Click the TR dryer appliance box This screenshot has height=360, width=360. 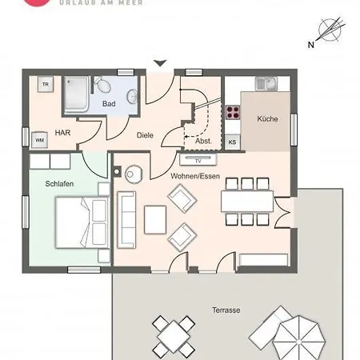[x=46, y=84]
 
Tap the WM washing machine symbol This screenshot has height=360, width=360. [x=39, y=140]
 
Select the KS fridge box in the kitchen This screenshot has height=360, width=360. [x=232, y=142]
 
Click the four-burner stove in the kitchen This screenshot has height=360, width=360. [x=233, y=112]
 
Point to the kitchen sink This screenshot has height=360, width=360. [x=266, y=83]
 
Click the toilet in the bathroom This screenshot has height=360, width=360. [x=102, y=85]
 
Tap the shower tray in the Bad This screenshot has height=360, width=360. [x=77, y=94]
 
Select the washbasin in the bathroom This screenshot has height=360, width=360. [x=132, y=97]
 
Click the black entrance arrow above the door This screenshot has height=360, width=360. [x=160, y=63]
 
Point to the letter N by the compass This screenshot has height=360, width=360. [x=311, y=45]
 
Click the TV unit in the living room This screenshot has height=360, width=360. [x=198, y=160]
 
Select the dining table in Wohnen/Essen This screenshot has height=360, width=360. [x=247, y=201]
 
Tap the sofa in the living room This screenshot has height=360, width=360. [x=126, y=220]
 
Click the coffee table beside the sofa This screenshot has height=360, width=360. [x=155, y=220]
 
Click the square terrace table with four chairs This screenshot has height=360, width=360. [x=174, y=337]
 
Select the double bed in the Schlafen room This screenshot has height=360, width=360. [x=82, y=222]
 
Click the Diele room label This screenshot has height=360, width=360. [x=145, y=135]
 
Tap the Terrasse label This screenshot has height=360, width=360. [x=226, y=310]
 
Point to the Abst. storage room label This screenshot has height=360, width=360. [x=203, y=141]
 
